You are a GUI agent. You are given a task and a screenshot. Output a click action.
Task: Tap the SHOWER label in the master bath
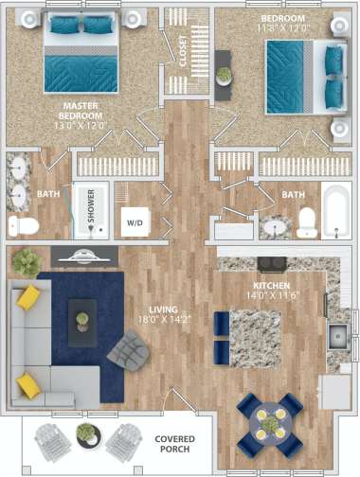coord(92,210)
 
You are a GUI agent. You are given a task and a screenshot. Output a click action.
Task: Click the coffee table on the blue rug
coord(82,316)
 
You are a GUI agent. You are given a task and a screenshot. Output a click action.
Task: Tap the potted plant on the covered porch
coord(85,433)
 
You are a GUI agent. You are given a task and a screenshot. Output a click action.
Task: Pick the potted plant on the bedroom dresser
coord(224,74)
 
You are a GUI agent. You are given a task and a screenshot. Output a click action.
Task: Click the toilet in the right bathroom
coord(307,221)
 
